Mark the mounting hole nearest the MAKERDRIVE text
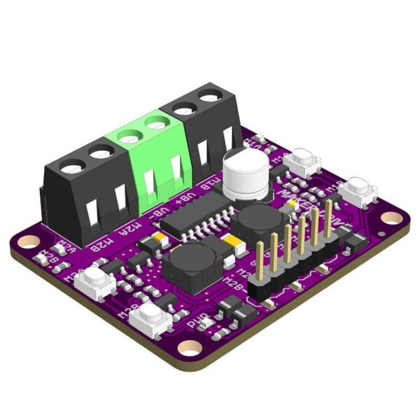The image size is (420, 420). (393, 218)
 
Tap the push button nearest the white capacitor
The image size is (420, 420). (303, 162)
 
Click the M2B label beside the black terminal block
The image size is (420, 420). (104, 241)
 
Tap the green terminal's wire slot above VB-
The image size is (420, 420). (149, 184)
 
